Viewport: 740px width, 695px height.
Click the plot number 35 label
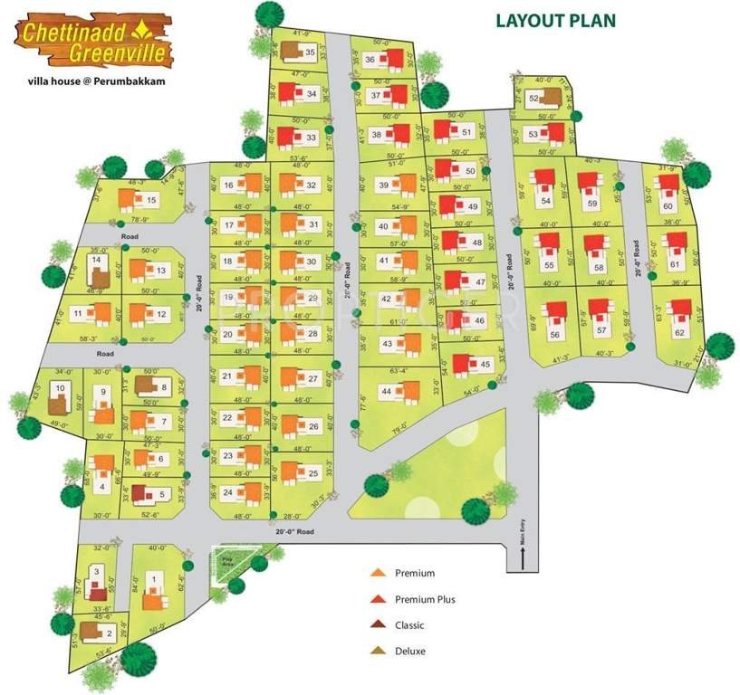coord(310,53)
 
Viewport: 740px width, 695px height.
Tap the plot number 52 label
coord(534,98)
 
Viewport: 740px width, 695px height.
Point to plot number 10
coord(60,388)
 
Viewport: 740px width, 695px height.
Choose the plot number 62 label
coord(679,332)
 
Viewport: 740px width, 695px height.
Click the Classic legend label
coord(409,625)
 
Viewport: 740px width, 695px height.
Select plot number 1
coord(154,579)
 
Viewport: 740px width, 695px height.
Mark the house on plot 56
coord(554,316)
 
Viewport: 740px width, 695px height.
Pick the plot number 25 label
coord(313,473)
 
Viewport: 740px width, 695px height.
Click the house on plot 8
coord(146,386)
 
